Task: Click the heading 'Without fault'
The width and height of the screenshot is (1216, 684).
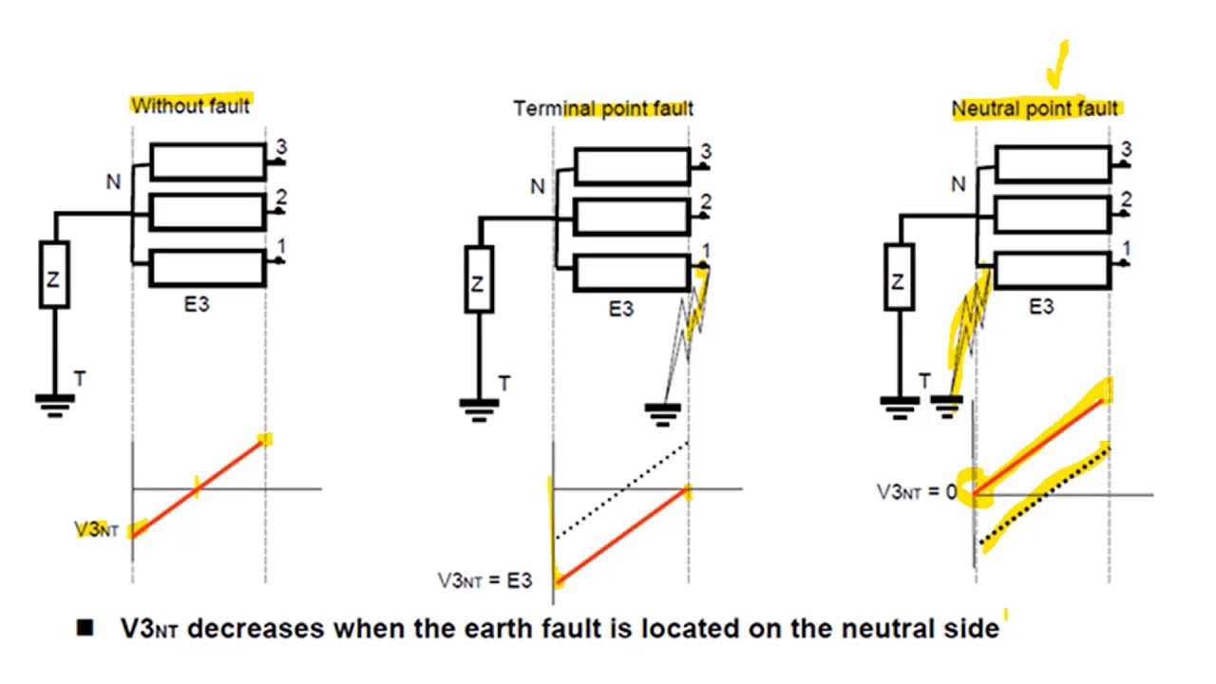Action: pyautogui.click(x=190, y=105)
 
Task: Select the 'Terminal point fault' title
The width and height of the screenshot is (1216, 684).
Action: pyautogui.click(x=603, y=108)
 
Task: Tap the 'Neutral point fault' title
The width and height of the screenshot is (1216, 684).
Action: pyautogui.click(x=1035, y=108)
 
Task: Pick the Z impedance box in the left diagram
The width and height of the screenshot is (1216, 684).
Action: pyautogui.click(x=54, y=275)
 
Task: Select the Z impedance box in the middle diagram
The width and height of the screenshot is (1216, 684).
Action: pyautogui.click(x=478, y=279)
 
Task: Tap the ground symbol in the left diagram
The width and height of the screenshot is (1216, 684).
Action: pyautogui.click(x=55, y=405)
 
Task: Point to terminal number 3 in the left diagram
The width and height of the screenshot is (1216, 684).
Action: pyautogui.click(x=280, y=148)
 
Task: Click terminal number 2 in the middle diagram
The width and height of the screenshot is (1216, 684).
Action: pyautogui.click(x=705, y=201)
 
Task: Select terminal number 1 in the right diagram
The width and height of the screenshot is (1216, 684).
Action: pyautogui.click(x=1127, y=249)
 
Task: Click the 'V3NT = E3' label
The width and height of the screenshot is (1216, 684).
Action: pyautogui.click(x=484, y=580)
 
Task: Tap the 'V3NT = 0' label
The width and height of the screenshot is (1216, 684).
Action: pyautogui.click(x=916, y=492)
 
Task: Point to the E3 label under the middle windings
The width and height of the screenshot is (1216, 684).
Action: pyautogui.click(x=621, y=309)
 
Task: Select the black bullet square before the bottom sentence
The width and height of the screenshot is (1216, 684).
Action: pyautogui.click(x=85, y=628)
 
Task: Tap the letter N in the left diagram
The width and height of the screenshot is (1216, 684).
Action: pyautogui.click(x=113, y=180)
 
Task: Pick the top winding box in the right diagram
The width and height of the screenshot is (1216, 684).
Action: pyautogui.click(x=1052, y=163)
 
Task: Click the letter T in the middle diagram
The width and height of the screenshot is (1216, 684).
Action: pyautogui.click(x=503, y=383)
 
